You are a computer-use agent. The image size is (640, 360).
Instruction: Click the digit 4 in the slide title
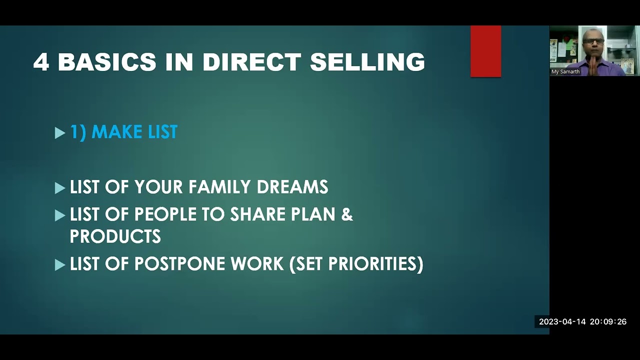(41, 62)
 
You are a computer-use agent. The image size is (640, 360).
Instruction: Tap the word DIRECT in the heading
(251, 62)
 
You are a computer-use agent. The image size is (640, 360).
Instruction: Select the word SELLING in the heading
(367, 62)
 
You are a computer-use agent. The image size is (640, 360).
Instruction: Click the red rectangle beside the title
(485, 51)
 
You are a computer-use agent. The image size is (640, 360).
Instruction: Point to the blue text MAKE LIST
(134, 132)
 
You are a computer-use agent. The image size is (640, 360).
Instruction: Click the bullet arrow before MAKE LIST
(60, 133)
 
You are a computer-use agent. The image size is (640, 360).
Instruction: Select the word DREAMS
(292, 187)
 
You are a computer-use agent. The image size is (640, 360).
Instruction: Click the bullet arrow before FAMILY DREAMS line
(60, 188)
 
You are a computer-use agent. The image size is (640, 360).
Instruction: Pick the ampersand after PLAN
(347, 214)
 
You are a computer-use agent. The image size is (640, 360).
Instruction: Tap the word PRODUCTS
(115, 236)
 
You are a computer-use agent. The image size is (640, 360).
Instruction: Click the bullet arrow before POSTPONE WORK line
(60, 265)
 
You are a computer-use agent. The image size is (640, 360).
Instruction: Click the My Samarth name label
(565, 72)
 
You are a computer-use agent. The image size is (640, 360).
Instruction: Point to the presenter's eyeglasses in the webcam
(593, 41)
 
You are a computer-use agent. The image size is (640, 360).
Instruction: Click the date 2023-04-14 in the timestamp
(562, 322)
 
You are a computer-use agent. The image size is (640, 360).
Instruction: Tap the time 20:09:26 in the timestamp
(608, 322)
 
